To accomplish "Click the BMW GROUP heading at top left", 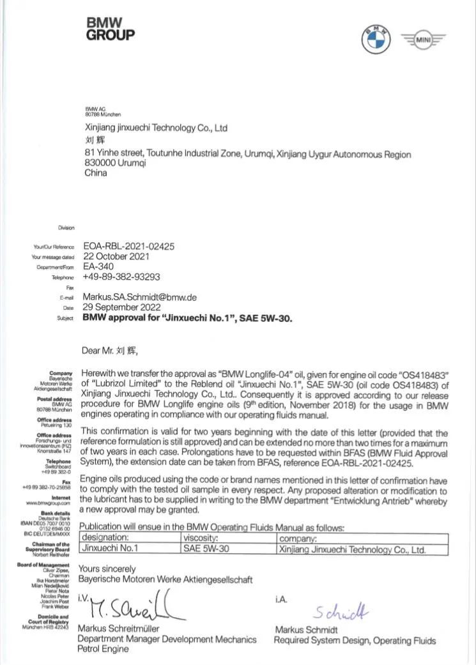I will coord(111,29).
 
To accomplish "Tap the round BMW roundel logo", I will coord(376,40).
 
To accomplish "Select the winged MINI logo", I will coord(424,40).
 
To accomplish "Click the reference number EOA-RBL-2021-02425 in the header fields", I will coord(128,246).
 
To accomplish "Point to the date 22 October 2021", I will coord(116,257).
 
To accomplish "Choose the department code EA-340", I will coord(96,267).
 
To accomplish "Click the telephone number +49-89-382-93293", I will coord(121,277).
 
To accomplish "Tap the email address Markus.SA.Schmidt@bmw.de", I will coord(139,297).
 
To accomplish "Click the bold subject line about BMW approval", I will coord(187,317).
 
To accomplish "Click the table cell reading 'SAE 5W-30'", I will coord(206,549).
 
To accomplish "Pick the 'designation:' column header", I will coord(105,538).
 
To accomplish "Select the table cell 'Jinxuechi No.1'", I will coord(110,549).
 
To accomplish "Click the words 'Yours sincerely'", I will coord(107,569).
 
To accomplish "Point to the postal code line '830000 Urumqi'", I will coord(116,163).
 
